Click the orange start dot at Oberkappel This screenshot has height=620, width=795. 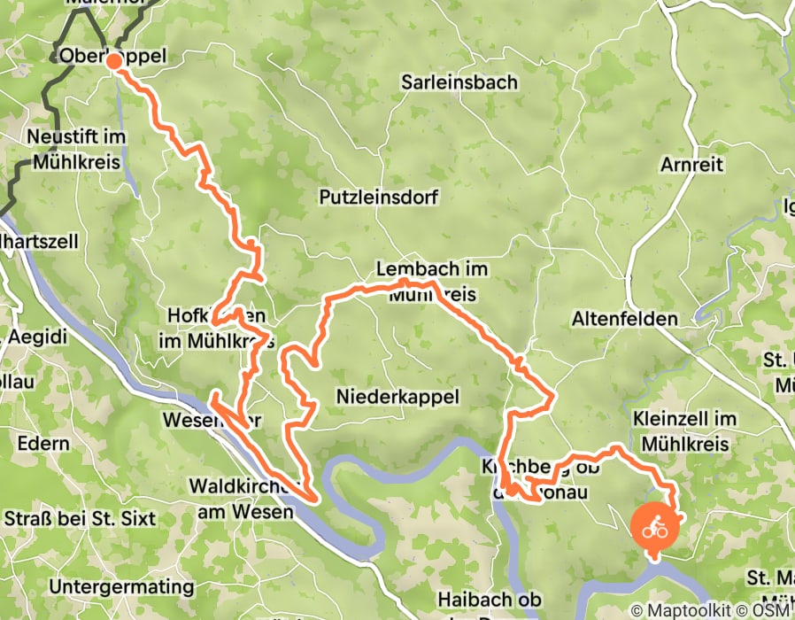(x=113, y=61)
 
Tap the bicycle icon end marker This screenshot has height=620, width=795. (x=654, y=529)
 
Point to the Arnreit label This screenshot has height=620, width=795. (x=691, y=165)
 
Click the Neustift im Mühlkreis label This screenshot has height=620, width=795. (x=77, y=150)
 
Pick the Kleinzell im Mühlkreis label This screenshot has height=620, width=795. (x=685, y=430)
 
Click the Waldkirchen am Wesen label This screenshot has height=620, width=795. (x=240, y=499)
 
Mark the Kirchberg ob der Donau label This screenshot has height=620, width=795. (x=540, y=479)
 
